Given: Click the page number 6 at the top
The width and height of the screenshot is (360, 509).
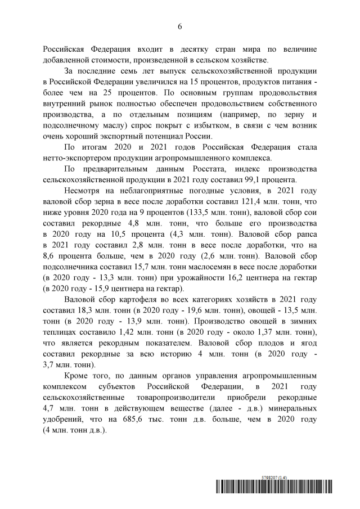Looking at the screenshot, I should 180,26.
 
